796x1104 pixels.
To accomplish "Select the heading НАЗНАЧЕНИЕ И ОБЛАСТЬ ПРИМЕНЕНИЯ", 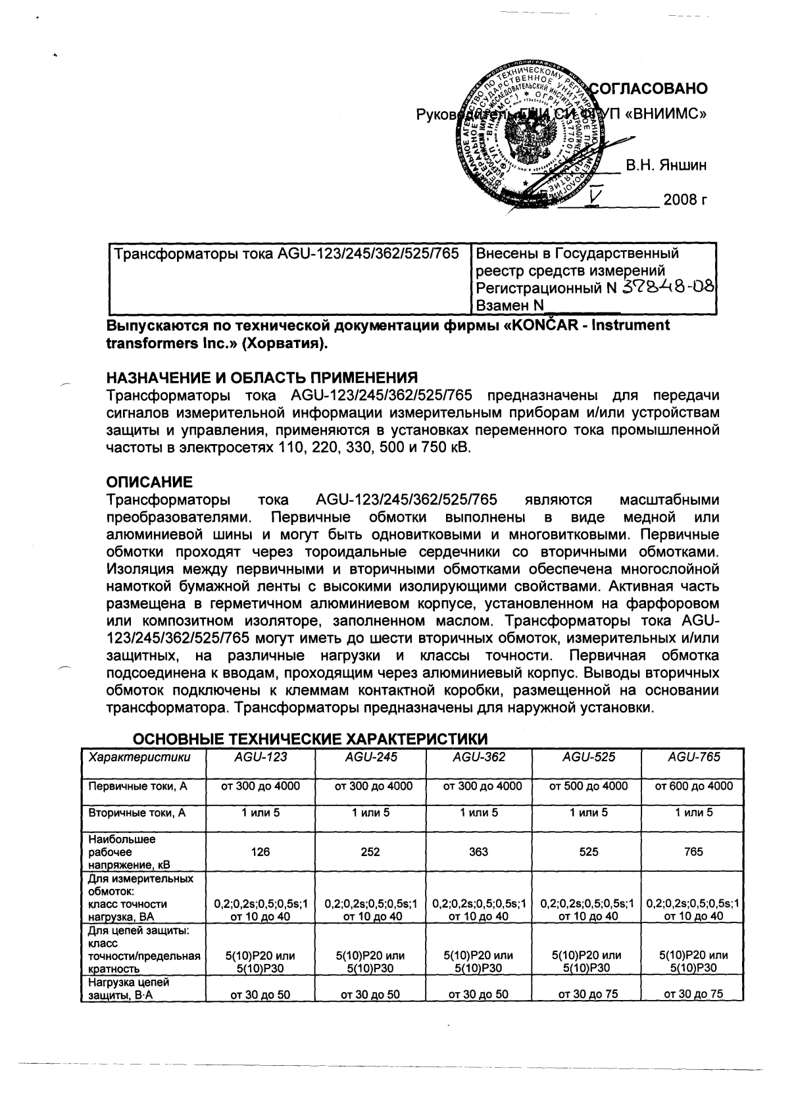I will click(x=262, y=378).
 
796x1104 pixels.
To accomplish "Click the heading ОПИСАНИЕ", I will click(x=149, y=482).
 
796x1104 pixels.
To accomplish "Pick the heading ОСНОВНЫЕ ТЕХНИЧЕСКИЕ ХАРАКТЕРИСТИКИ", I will click(x=311, y=737).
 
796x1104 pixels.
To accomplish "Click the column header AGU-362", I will click(x=479, y=757).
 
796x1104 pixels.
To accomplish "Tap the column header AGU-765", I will click(x=693, y=757).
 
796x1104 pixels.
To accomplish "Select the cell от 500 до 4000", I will click(x=588, y=786).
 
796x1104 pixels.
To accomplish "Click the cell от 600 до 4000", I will click(x=693, y=786).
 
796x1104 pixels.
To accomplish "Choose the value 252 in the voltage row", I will click(x=370, y=851).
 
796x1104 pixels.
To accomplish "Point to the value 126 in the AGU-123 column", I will click(x=261, y=851).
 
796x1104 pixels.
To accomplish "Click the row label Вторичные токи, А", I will click(x=137, y=813).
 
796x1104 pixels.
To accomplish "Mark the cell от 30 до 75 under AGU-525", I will click(x=588, y=994).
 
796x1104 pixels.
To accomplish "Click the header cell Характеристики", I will click(x=139, y=757).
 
